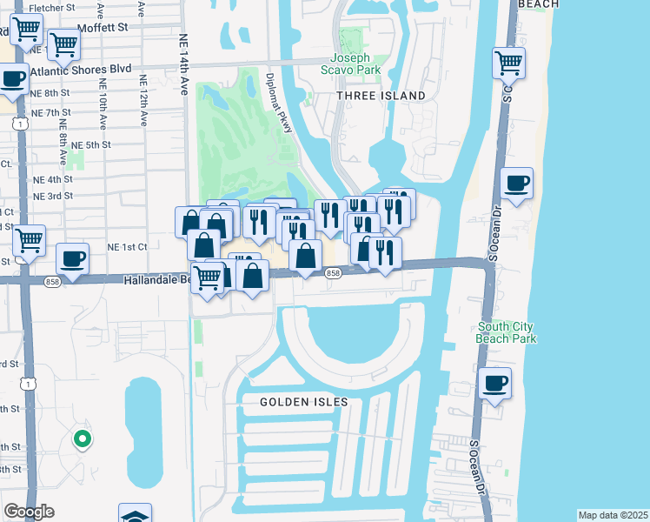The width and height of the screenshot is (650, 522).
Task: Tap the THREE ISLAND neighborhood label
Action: (381, 96)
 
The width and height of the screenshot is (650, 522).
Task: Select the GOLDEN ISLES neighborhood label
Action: (304, 402)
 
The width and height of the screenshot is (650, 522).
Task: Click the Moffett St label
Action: (102, 28)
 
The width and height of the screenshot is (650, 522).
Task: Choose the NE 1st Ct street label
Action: (127, 247)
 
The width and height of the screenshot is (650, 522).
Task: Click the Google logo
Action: (29, 512)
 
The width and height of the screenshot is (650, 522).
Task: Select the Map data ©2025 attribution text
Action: (613, 515)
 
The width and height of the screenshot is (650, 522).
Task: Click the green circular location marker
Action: (82, 439)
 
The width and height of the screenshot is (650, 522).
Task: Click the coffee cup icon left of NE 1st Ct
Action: (73, 258)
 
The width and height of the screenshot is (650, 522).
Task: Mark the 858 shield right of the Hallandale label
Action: (333, 273)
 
